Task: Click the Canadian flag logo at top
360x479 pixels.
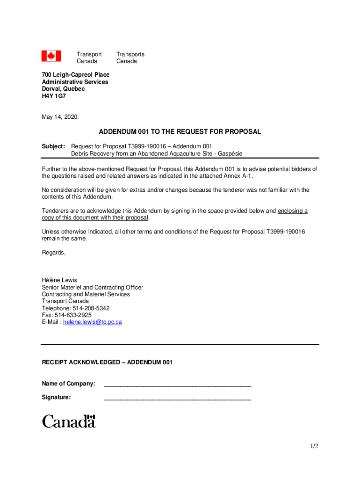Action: pos(51,56)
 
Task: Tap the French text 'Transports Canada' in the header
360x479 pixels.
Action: pos(130,58)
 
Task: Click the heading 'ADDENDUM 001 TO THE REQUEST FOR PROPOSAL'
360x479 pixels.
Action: pos(180,132)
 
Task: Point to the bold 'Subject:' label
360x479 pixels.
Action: pos(53,146)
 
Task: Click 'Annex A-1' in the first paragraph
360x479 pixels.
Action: pos(238,176)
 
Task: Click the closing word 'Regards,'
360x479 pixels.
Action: pos(54,253)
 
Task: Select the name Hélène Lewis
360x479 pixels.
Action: pos(59,280)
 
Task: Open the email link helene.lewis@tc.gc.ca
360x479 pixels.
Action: pos(93,322)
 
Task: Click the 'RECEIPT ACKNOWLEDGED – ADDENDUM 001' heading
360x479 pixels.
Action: pos(107,362)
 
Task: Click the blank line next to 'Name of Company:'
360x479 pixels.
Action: pos(177,385)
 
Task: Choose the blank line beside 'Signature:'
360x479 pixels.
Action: pos(177,399)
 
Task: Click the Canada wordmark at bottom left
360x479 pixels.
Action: pos(69,421)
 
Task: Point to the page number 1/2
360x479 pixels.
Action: pos(314,446)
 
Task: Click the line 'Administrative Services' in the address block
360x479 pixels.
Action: pos(75,82)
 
